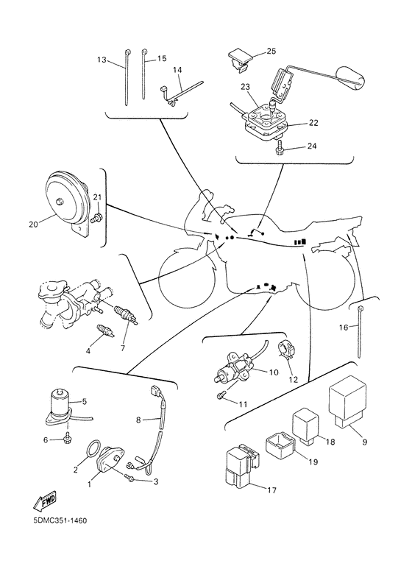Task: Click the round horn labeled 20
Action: coord(68,203)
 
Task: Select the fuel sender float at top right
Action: coord(349,77)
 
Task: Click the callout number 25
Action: coord(271,52)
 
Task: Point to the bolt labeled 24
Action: coord(279,146)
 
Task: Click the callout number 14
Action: coord(177,70)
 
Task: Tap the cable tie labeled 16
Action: coord(360,331)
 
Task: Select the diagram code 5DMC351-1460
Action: coord(60,520)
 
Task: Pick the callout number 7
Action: coord(123,348)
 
